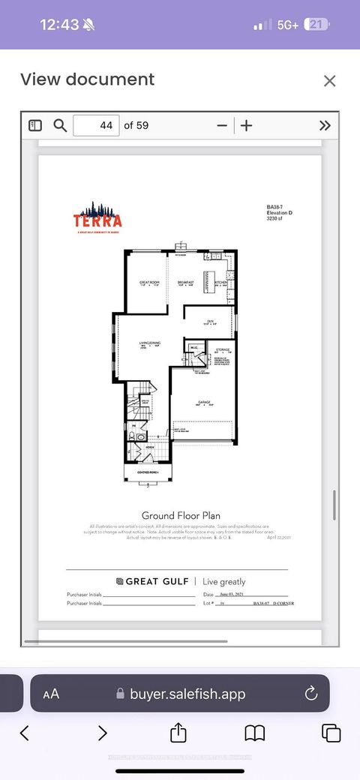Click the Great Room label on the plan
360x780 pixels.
(x=149, y=283)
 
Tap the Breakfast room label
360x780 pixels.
(x=186, y=283)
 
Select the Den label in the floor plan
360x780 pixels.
(x=211, y=321)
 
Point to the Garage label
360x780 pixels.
(x=203, y=402)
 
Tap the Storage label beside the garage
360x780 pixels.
(x=222, y=349)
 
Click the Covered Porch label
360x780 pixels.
(x=147, y=473)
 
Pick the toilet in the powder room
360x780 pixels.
(x=134, y=436)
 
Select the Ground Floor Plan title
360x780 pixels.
(x=179, y=515)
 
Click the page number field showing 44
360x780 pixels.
(x=96, y=125)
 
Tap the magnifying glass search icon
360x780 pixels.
(x=60, y=125)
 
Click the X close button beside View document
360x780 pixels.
(x=329, y=80)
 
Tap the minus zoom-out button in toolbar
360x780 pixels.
(x=221, y=125)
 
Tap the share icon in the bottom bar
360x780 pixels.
(x=178, y=733)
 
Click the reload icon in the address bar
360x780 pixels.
(x=311, y=694)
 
